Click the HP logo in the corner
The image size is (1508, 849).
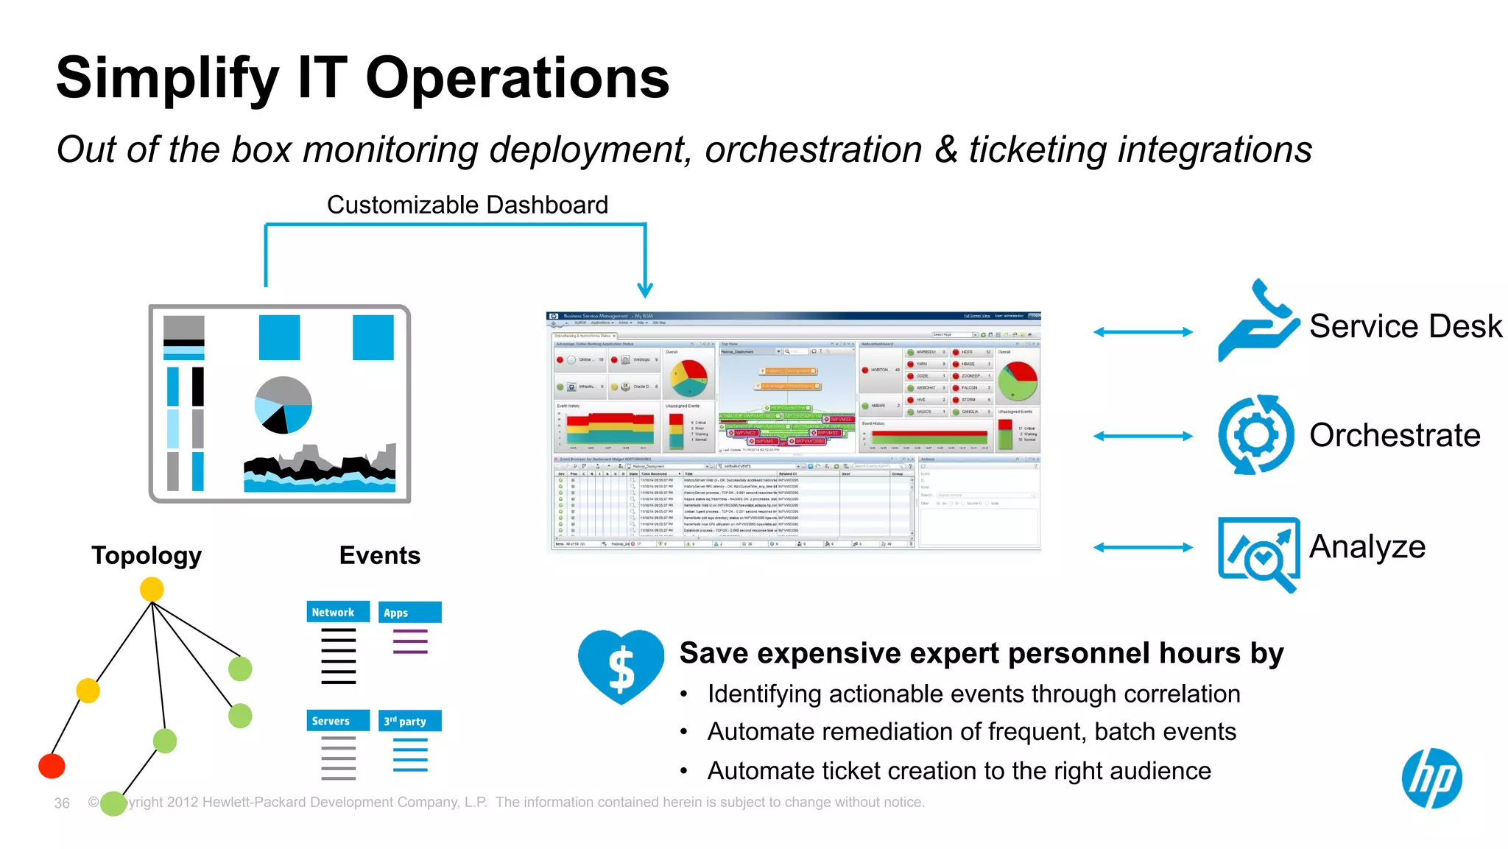point(1431,778)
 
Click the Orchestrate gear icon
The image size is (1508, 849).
point(1255,434)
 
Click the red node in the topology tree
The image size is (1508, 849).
point(52,766)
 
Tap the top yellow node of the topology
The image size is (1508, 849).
point(152,589)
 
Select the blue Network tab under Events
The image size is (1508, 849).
point(337,612)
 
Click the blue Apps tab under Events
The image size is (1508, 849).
point(410,613)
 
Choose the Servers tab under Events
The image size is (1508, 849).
point(337,721)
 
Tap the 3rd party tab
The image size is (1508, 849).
point(410,721)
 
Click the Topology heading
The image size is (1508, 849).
point(147,555)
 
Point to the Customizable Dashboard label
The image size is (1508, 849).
point(468,205)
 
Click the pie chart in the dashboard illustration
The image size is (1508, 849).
point(283,405)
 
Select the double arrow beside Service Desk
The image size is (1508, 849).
point(1143,332)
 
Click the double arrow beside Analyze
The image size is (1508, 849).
point(1143,547)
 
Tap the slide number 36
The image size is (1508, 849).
point(62,803)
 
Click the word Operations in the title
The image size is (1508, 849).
point(517,78)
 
